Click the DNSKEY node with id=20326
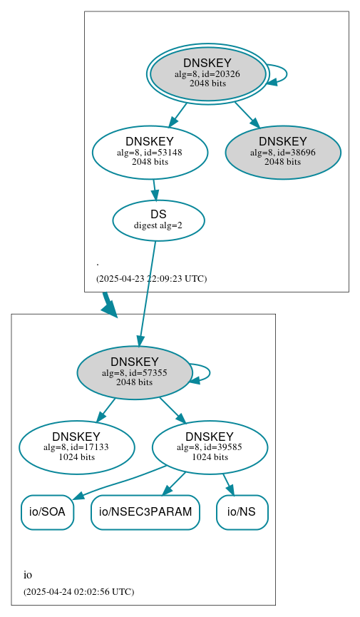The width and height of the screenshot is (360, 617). (x=207, y=73)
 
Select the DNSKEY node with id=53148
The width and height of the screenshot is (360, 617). (x=150, y=152)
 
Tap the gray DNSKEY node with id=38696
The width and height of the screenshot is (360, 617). (x=283, y=152)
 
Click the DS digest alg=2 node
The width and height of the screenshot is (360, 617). (x=158, y=220)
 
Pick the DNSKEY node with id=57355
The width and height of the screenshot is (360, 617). (x=135, y=372)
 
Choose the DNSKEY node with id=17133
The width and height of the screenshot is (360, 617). (x=76, y=447)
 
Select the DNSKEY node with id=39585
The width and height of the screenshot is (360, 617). (x=210, y=447)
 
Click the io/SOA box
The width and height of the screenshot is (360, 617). (x=47, y=512)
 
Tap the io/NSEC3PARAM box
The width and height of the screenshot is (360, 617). (x=145, y=512)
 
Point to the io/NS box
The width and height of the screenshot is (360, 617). (x=242, y=512)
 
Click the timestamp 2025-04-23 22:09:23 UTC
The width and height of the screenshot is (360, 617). (x=151, y=278)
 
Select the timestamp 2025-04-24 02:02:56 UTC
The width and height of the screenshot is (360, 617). (x=78, y=591)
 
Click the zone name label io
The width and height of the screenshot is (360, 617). (x=28, y=575)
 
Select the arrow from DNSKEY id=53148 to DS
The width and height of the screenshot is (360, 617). (x=154, y=190)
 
